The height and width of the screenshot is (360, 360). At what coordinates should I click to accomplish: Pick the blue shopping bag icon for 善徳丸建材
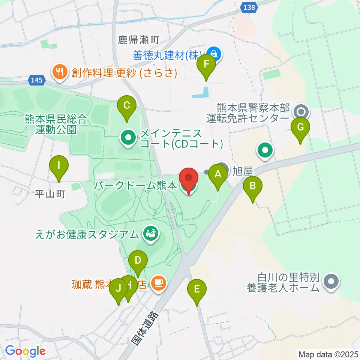(214, 54)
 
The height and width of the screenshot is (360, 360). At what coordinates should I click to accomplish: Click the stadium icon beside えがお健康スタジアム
(151, 234)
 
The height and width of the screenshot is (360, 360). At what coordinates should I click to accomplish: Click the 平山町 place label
(50, 194)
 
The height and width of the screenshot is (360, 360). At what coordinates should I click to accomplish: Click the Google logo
(25, 351)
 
